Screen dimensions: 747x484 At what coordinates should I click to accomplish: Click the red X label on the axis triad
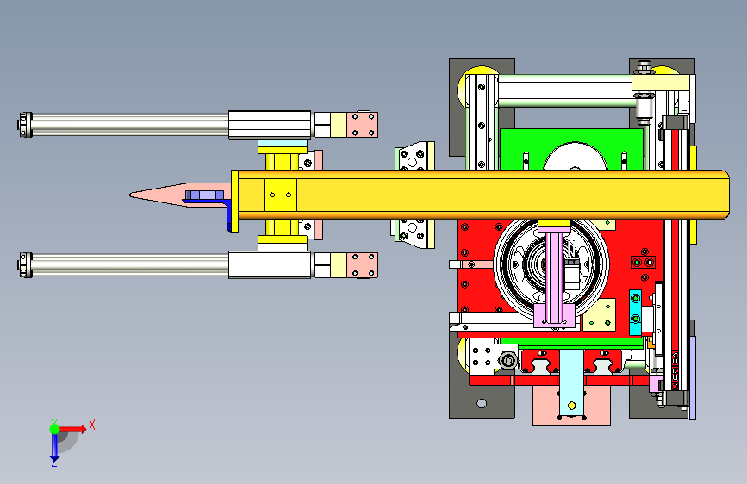pos(92,425)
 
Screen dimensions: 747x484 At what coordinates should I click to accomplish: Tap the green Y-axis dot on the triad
pos(55,429)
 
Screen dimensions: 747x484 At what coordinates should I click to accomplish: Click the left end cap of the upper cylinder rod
pos(26,125)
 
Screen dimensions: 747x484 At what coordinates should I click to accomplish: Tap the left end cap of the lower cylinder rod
pos(26,265)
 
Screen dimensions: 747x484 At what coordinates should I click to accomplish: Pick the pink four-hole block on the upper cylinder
pos(362,125)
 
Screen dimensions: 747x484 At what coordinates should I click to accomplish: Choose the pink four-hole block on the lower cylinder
pos(362,265)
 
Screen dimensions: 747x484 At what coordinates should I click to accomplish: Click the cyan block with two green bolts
pos(635,312)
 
